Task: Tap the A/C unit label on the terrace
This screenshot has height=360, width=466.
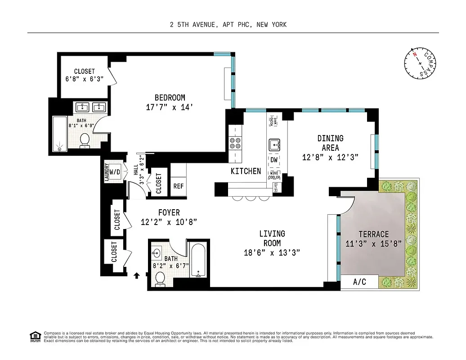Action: [359, 282]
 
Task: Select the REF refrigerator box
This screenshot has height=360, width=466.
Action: [178, 186]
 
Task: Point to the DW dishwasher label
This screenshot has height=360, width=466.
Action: [274, 160]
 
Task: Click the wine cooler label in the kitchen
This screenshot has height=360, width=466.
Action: [274, 175]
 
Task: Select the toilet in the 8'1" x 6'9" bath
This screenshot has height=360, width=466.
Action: [84, 141]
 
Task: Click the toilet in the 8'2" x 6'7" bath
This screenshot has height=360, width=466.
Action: [160, 279]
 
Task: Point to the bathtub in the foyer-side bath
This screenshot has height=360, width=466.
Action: [198, 261]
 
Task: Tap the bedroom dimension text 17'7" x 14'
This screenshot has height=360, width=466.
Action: [170, 108]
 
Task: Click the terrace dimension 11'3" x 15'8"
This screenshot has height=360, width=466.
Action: [373, 244]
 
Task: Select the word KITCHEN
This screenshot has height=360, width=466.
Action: [246, 171]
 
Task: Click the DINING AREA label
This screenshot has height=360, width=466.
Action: [330, 143]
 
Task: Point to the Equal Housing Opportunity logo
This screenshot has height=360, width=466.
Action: [34, 336]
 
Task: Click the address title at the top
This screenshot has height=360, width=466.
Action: [228, 25]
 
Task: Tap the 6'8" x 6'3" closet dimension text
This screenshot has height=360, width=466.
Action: [85, 79]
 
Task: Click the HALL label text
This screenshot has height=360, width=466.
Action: [136, 170]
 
